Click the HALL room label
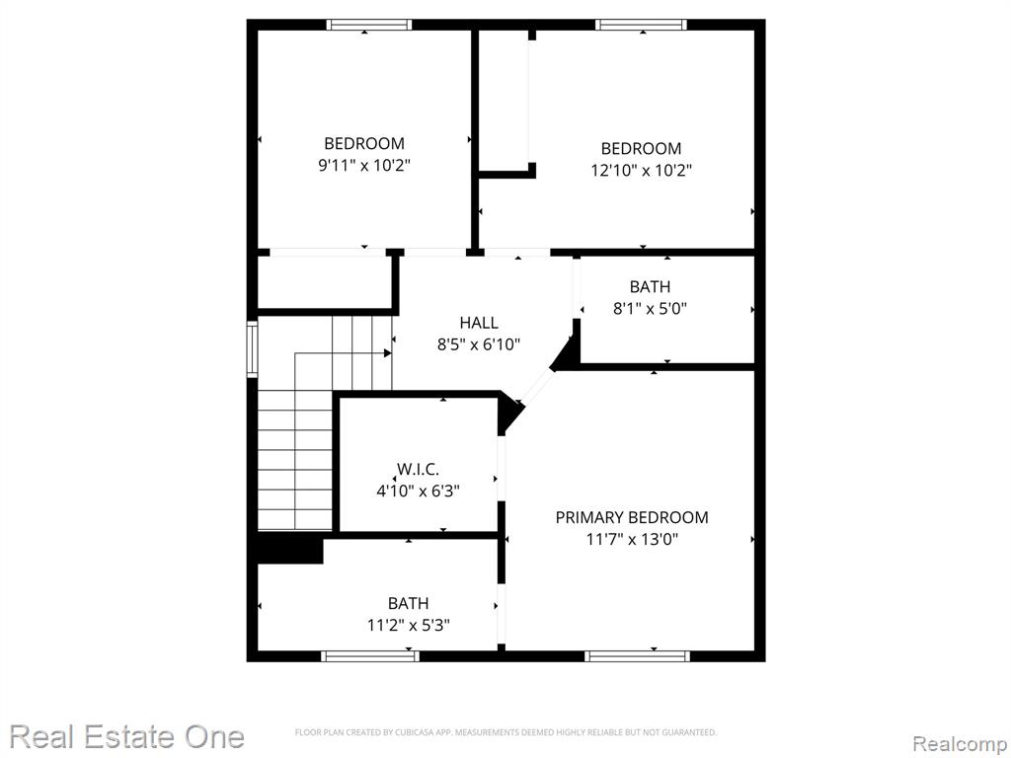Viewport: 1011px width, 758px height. [479, 323]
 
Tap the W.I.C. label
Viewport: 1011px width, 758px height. [418, 469]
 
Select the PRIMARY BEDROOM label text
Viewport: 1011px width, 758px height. [632, 517]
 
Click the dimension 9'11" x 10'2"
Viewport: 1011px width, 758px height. [364, 165]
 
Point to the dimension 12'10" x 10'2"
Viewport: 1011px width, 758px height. [641, 170]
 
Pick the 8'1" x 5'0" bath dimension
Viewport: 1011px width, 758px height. [650, 308]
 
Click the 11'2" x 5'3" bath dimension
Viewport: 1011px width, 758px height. [408, 625]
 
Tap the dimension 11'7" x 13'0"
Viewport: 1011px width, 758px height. [632, 539]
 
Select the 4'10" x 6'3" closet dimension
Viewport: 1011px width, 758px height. [418, 492]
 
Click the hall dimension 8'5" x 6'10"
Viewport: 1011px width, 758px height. [479, 344]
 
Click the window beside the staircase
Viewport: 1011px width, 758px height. [252, 348]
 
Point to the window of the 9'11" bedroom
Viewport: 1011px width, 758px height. [369, 25]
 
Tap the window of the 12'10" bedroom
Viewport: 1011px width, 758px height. [641, 25]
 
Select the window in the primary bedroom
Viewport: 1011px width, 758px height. [638, 656]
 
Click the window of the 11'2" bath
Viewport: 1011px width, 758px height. [370, 656]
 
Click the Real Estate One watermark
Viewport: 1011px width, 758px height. [127, 736]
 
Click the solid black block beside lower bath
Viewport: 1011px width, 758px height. [289, 549]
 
